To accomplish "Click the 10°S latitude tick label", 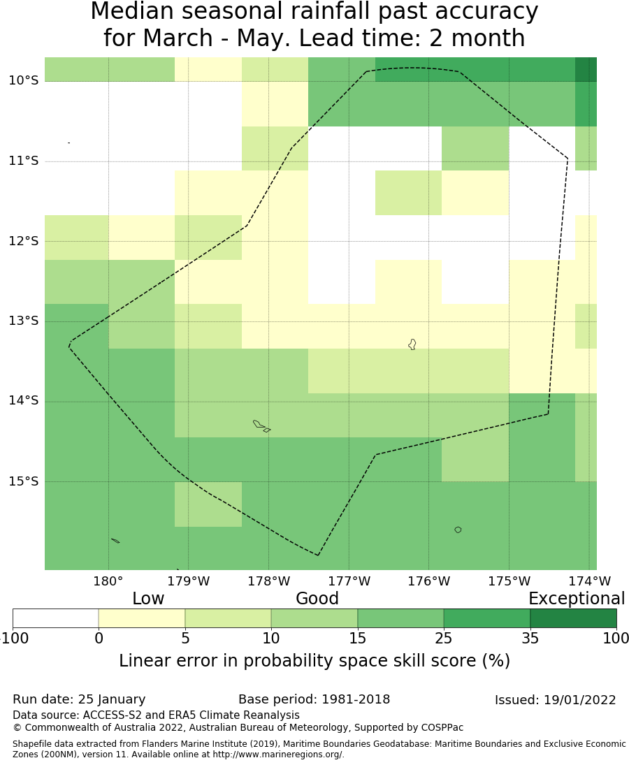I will click(x=23, y=80).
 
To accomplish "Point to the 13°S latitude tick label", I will click(x=23, y=321).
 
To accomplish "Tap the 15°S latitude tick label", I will click(x=23, y=481).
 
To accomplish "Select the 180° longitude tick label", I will click(x=108, y=581).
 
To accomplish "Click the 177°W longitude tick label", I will click(x=349, y=581).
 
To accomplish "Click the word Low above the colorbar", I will click(x=148, y=599).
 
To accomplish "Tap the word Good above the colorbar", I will click(x=317, y=599).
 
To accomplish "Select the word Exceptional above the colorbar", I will click(x=577, y=599).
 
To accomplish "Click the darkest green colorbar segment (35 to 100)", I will click(x=573, y=618).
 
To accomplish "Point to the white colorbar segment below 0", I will click(x=55, y=618).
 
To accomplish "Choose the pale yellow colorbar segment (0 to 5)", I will click(x=142, y=618).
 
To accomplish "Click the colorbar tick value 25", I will click(x=444, y=638).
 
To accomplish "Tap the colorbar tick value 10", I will click(x=271, y=638).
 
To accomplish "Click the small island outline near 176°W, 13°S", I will click(x=412, y=344).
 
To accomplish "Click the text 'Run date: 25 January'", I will click(x=79, y=699).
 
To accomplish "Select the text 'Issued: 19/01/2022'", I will click(x=556, y=700).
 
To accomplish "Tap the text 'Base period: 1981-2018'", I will click(x=314, y=699).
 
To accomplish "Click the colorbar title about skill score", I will click(x=314, y=661).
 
